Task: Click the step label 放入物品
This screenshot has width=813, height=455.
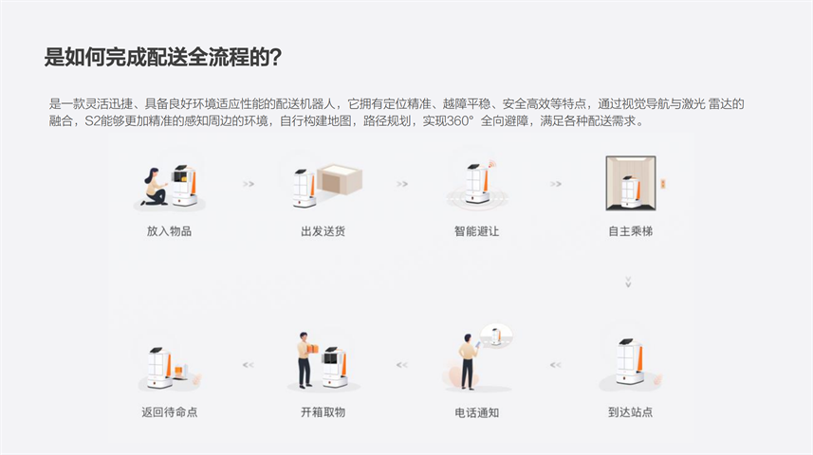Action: pos(169,231)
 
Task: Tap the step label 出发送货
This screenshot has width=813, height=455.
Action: pos(323,231)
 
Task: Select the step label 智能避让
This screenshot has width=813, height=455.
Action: pos(476,231)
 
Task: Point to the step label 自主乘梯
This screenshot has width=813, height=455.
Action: pos(631,231)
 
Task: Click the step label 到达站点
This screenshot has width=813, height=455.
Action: pos(631,412)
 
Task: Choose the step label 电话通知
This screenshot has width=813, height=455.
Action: pos(476,412)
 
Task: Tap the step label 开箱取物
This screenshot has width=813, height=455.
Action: pos(323,412)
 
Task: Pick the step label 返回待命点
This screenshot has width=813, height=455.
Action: pos(170,412)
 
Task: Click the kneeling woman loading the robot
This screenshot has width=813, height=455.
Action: pos(155,187)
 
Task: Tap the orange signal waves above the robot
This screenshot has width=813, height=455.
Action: pos(491,165)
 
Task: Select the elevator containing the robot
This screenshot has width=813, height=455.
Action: pos(631,183)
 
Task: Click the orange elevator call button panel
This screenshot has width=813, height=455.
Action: pos(662,184)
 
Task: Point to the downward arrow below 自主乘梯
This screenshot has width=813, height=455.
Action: pos(628,282)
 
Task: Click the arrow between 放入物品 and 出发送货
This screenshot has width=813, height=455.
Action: pos(249,184)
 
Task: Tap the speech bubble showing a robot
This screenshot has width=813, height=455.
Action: pos(496,336)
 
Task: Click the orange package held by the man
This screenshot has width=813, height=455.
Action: pos(313,349)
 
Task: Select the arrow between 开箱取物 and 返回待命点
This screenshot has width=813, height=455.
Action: pos(249,365)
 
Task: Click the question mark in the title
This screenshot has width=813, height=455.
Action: pos(276,57)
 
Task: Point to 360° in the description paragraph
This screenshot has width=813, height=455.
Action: pos(460,121)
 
